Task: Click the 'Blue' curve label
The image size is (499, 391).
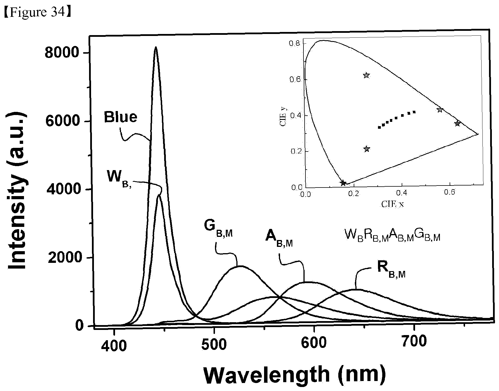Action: click(x=120, y=117)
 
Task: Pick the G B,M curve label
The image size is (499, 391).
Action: click(x=219, y=227)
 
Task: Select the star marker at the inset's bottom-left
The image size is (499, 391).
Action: click(x=343, y=183)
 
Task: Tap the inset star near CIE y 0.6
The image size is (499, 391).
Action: click(x=366, y=75)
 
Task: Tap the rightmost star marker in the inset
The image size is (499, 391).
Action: click(x=458, y=123)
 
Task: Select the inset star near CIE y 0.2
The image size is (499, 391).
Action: click(x=367, y=149)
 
